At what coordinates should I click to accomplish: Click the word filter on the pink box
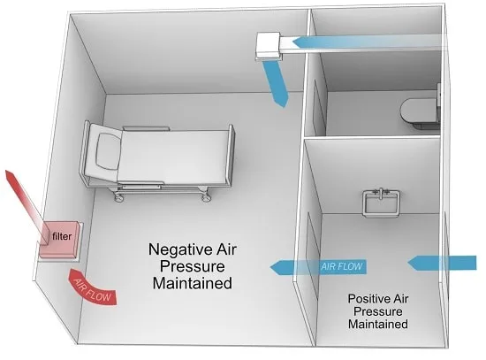point(62,236)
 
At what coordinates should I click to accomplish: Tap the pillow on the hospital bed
point(108,152)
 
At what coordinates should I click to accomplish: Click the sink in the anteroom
point(381,203)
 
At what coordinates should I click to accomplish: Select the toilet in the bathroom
point(421,111)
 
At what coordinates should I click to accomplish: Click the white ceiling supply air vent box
point(269,46)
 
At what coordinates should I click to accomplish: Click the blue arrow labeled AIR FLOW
point(318,267)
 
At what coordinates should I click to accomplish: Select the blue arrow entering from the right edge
point(442,263)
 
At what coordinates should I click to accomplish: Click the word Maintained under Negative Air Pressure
point(192,283)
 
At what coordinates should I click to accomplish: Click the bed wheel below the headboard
point(118,196)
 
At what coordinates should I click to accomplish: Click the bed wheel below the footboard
point(205,197)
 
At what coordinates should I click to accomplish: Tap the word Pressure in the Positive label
point(378,311)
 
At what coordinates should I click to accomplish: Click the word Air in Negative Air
point(226,249)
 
